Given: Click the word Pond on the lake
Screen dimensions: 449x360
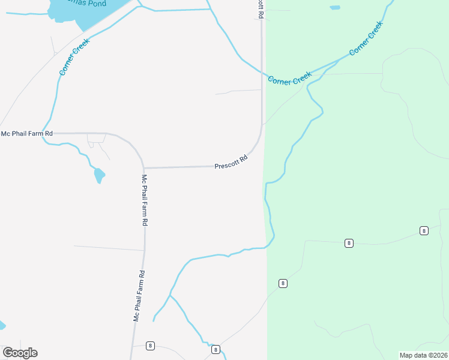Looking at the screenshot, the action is (x=96, y=4).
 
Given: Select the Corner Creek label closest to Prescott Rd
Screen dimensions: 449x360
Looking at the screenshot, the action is (x=289, y=78).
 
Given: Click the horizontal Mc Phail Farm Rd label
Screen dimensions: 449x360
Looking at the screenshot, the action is (x=27, y=133).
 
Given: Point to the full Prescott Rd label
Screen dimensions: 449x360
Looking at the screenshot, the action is (x=231, y=163).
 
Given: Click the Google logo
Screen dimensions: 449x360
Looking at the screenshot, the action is (x=20, y=353).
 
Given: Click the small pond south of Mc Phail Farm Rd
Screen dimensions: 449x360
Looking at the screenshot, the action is (x=99, y=176).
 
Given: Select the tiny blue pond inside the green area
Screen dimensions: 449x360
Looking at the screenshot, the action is (x=334, y=8).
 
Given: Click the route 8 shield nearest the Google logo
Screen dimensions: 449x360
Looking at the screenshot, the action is (x=150, y=346).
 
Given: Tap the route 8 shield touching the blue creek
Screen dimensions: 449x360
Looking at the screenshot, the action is (x=215, y=349).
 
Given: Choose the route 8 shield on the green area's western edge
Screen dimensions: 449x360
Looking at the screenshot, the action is (x=283, y=283).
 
